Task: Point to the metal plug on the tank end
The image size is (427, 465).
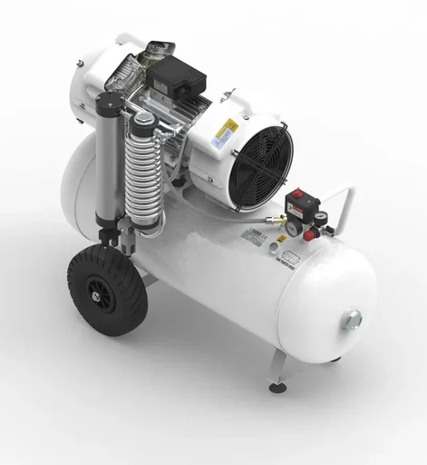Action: (351, 319)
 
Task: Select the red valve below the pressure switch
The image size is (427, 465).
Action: (309, 235)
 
